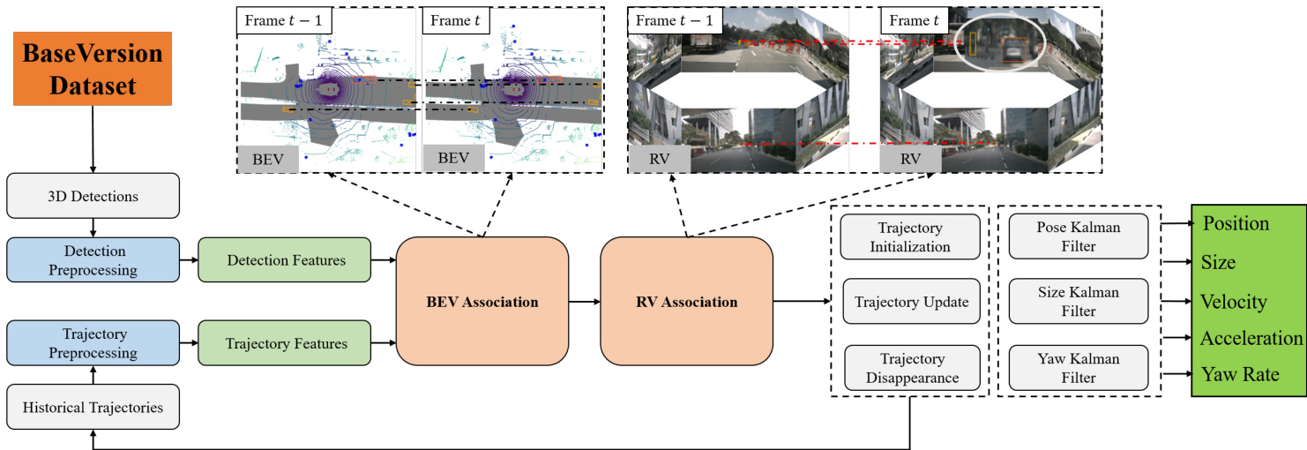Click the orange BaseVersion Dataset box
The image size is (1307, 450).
click(x=93, y=69)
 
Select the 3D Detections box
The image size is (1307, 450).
click(x=93, y=196)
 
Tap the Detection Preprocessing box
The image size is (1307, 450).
click(x=93, y=260)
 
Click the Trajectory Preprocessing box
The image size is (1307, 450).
click(x=93, y=343)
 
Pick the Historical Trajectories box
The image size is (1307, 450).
click(x=93, y=408)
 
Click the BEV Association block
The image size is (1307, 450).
click(x=482, y=302)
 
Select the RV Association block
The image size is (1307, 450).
click(x=686, y=302)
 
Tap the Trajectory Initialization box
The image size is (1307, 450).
click(x=910, y=237)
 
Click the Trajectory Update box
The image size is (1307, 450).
click(x=911, y=302)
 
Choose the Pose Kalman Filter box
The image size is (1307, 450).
click(x=1079, y=237)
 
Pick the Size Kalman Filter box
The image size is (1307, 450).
click(x=1079, y=302)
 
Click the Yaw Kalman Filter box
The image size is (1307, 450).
click(x=1079, y=368)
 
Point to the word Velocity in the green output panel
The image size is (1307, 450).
click(x=1234, y=302)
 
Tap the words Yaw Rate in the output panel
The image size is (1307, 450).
click(x=1239, y=375)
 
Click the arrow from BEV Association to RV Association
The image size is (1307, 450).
click(x=585, y=302)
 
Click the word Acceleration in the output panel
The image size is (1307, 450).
click(x=1251, y=338)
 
